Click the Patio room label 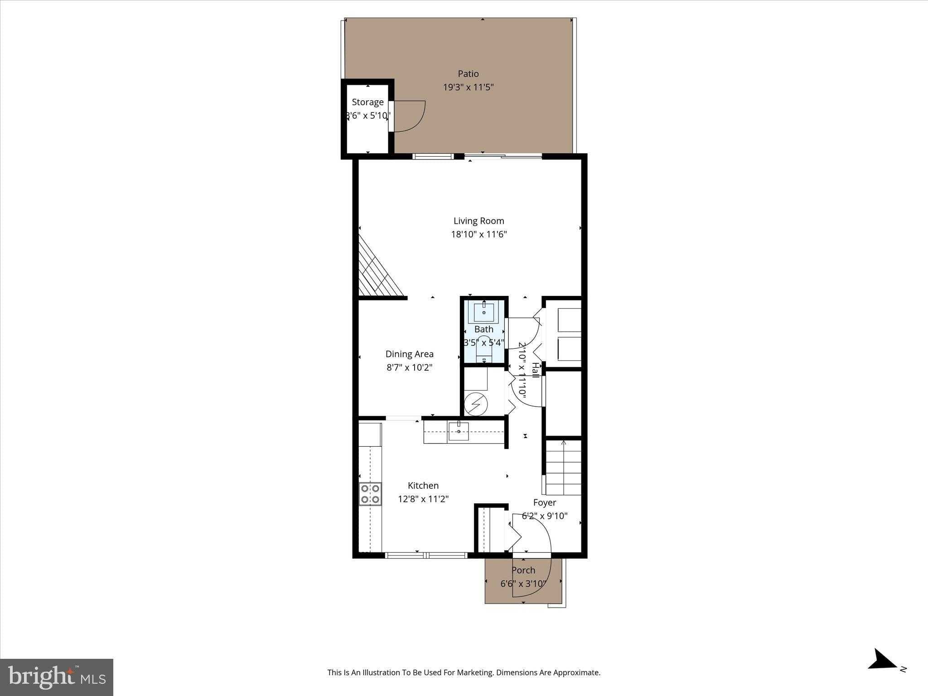pyautogui.click(x=468, y=73)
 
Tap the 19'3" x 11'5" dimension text pyautogui.click(x=468, y=87)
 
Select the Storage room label pyautogui.click(x=367, y=102)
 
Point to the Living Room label pyautogui.click(x=478, y=221)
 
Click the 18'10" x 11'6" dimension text pyautogui.click(x=478, y=234)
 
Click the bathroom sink pyautogui.click(x=484, y=312)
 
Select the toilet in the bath pyautogui.click(x=484, y=349)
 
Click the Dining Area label pyautogui.click(x=409, y=354)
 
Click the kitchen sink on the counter pyautogui.click(x=459, y=431)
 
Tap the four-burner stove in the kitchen pyautogui.click(x=370, y=494)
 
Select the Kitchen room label pyautogui.click(x=423, y=485)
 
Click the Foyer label pyautogui.click(x=544, y=503)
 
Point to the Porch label pyautogui.click(x=523, y=570)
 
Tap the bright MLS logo pyautogui.click(x=57, y=677)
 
